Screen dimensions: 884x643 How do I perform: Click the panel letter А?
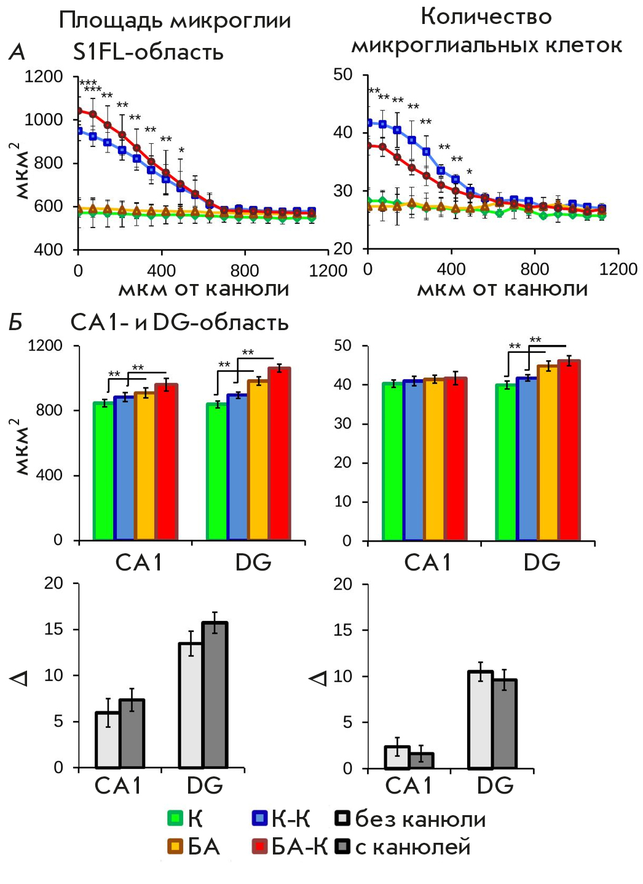[x=17, y=52]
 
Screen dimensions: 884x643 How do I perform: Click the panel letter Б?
[x=16, y=322]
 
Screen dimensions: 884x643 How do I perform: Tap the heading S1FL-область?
[x=148, y=52]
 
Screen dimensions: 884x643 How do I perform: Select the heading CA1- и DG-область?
[x=179, y=322]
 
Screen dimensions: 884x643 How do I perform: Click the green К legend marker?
[x=175, y=818]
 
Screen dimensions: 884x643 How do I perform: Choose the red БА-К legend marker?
[x=260, y=847]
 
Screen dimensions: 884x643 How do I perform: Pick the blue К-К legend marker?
[x=260, y=818]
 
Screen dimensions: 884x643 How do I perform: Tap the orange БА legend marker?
[x=175, y=847]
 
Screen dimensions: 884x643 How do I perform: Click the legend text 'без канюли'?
[x=420, y=819]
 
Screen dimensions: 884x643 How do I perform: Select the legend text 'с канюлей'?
[x=412, y=847]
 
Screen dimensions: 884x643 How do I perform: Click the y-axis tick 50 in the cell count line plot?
[x=342, y=75]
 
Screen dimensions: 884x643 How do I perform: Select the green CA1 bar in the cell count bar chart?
[x=393, y=462]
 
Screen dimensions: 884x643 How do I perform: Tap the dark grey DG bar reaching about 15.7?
[x=215, y=695]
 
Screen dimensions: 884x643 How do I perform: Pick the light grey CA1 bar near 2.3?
[x=397, y=757]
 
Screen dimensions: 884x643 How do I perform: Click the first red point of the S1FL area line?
[x=79, y=111]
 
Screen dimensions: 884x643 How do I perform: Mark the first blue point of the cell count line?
[x=369, y=123]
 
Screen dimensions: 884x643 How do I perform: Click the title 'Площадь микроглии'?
[x=175, y=20]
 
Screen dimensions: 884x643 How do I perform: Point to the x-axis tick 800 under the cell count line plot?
[x=534, y=269]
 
